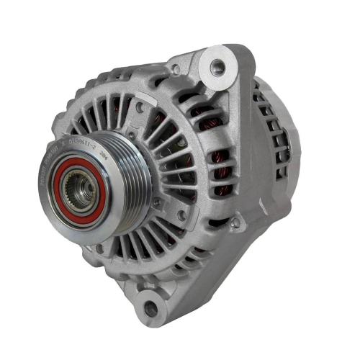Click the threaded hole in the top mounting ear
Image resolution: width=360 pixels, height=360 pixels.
pyautogui.click(x=217, y=68)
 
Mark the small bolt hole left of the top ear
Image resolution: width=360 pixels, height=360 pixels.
pyautogui.click(x=175, y=71)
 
